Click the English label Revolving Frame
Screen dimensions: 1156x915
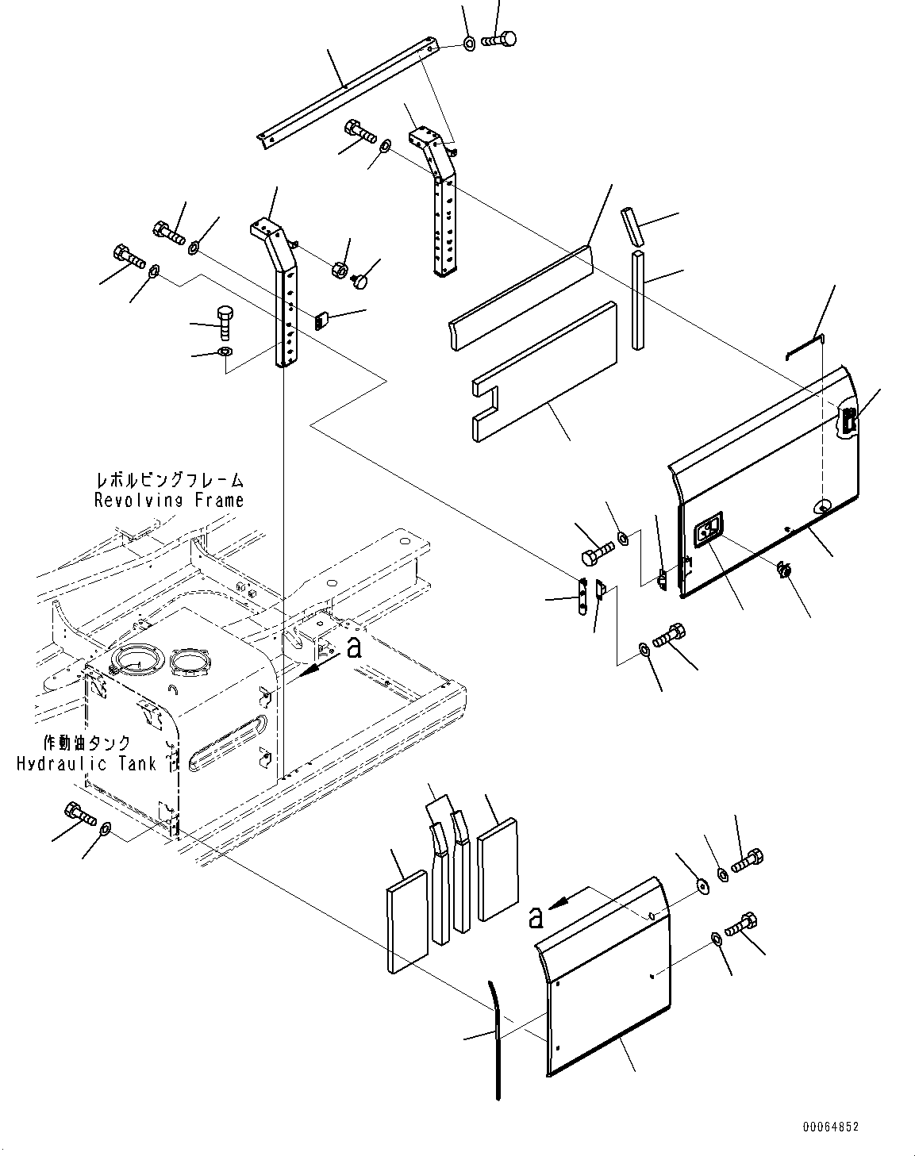(x=169, y=501)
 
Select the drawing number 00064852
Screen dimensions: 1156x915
(x=829, y=1127)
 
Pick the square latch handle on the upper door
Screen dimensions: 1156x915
(x=707, y=530)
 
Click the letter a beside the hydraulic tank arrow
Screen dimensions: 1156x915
(x=355, y=648)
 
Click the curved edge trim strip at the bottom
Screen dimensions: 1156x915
(x=495, y=1039)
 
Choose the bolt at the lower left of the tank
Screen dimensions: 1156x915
(x=78, y=813)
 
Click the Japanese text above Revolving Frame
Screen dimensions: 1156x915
(x=169, y=481)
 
